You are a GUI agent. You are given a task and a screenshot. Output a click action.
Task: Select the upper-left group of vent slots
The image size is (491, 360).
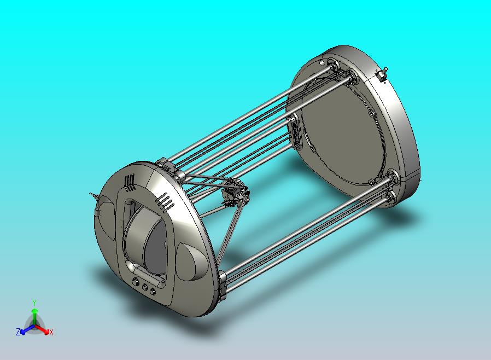click(x=129, y=182)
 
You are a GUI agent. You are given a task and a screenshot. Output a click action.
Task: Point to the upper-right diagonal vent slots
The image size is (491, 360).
click(x=166, y=202)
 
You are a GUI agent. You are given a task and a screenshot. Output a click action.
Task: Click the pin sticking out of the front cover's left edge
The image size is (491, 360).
click(x=91, y=194)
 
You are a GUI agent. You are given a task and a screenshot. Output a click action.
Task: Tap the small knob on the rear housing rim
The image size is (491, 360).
click(x=384, y=72)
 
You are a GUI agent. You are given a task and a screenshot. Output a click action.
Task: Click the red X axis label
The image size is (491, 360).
click(x=50, y=332)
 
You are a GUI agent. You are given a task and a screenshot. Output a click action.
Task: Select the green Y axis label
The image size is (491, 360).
click(x=34, y=303)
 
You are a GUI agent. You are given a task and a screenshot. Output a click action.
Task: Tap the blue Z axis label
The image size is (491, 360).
click(x=18, y=332)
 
